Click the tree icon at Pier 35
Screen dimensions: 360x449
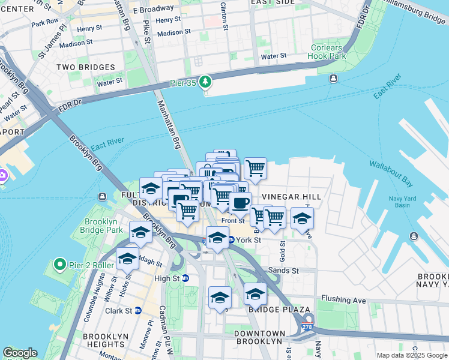[206, 80]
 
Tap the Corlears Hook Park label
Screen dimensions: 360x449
[328, 52]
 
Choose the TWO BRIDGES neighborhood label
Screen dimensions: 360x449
[86, 67]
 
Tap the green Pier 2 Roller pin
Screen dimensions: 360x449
[59, 264]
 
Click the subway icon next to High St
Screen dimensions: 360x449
[185, 278]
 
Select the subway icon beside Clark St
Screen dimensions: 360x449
[137, 311]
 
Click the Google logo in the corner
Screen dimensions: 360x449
[19, 353]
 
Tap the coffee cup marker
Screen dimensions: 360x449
[240, 204]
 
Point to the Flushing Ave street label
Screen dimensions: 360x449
[343, 298]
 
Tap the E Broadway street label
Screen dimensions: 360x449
[153, 10]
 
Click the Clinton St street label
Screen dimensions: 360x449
[224, 16]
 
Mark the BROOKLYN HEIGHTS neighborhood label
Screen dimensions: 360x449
[104, 340]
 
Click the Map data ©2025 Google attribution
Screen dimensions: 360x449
[412, 355]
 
